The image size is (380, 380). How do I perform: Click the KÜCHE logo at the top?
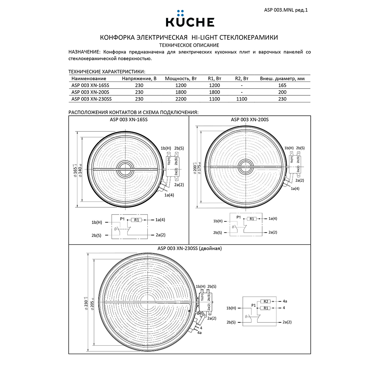[190, 19]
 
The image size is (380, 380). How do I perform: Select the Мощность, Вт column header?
[181, 79]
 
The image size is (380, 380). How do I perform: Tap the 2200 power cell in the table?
[181, 99]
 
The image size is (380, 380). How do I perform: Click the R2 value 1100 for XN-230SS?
[241, 99]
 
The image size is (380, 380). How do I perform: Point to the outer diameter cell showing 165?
[282, 85]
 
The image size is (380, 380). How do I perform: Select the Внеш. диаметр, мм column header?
[282, 79]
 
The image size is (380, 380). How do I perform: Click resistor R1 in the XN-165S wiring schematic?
[137, 220]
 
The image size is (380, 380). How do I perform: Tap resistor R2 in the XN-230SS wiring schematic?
[265, 301]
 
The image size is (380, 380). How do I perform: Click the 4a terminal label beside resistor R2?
[284, 301]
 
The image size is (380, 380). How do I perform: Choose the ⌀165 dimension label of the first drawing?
[75, 169]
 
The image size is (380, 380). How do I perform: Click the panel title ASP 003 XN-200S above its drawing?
[250, 120]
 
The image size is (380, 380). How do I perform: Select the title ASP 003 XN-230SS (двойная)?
[189, 248]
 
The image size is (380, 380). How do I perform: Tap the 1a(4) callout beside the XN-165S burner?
[169, 195]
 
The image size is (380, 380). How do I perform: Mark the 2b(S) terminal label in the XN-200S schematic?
[217, 233]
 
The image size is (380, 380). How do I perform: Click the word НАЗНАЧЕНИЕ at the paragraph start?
[84, 52]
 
